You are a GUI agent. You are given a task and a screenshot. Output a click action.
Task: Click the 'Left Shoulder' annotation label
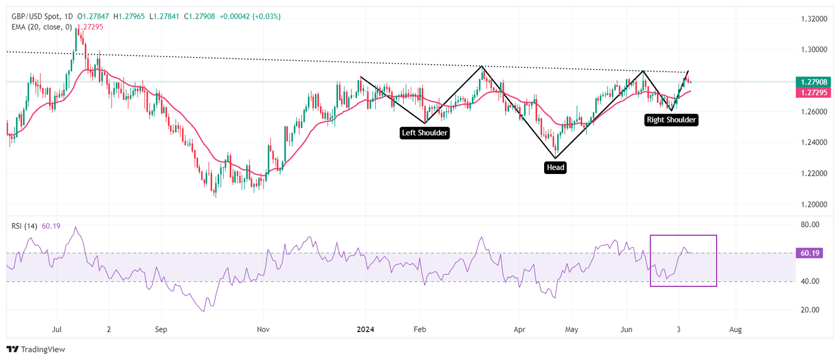(425, 132)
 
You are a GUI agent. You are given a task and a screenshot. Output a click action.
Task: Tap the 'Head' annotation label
(555, 167)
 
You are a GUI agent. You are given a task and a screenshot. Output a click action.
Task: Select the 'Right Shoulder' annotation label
(672, 119)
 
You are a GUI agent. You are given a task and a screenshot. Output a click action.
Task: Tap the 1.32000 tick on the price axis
(812, 19)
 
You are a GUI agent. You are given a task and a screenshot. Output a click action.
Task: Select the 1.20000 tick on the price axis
(812, 204)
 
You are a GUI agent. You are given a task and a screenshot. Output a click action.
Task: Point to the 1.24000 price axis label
(812, 142)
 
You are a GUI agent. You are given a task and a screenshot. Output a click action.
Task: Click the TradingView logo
(36, 349)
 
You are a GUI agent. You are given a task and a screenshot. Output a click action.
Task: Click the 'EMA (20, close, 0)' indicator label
(43, 26)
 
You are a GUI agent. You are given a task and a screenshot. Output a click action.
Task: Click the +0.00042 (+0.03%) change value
(250, 16)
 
